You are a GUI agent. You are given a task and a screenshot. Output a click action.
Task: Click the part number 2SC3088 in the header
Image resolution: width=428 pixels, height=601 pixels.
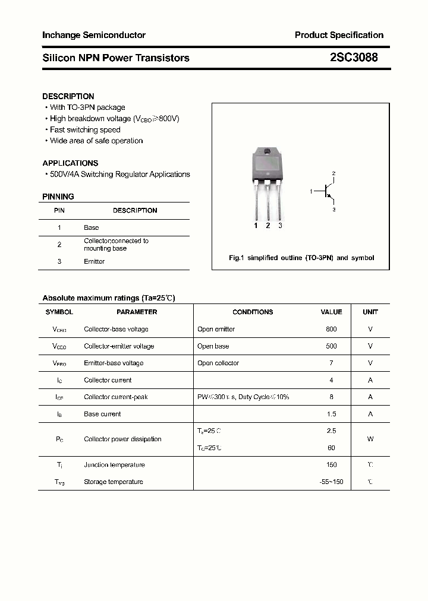click(x=353, y=58)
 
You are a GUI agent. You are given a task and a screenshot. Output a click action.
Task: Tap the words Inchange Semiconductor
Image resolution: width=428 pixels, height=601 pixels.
click(x=94, y=35)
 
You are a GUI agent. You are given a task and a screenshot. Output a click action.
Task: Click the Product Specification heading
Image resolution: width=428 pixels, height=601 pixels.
click(x=339, y=35)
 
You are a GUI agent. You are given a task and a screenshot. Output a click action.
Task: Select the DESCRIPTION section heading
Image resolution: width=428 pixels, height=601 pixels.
click(x=68, y=96)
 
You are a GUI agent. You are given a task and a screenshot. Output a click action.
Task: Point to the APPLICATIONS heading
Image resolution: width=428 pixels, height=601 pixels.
click(x=70, y=163)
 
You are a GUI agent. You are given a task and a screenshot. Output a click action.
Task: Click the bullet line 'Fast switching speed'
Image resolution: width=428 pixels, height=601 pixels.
click(x=85, y=129)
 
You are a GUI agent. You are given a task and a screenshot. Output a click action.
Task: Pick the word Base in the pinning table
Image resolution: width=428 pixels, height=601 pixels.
click(x=92, y=227)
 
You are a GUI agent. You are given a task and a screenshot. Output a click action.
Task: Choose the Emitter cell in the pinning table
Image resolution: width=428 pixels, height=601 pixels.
click(x=95, y=261)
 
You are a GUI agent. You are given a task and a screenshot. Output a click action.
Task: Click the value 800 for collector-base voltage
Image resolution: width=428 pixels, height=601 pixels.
click(x=331, y=329)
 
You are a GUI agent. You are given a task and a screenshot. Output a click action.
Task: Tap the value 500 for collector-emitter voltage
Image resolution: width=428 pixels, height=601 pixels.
click(x=331, y=346)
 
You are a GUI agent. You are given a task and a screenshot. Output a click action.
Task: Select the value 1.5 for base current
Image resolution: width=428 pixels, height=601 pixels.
click(x=331, y=414)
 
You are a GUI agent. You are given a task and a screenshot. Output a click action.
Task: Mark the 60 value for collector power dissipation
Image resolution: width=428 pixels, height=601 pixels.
click(x=331, y=448)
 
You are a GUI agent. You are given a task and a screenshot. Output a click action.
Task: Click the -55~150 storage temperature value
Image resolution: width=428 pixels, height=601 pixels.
click(x=331, y=482)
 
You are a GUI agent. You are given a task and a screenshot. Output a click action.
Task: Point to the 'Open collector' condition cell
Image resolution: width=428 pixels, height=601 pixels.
click(x=218, y=363)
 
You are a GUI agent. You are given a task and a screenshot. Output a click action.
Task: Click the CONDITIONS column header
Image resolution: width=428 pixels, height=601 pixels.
click(x=253, y=312)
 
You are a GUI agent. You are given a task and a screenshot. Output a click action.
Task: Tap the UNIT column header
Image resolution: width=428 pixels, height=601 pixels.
click(x=370, y=312)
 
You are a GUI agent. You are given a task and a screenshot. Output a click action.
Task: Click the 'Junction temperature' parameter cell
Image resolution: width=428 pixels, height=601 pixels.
click(x=114, y=465)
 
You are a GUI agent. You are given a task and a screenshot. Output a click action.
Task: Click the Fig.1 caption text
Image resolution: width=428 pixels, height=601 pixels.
click(x=301, y=258)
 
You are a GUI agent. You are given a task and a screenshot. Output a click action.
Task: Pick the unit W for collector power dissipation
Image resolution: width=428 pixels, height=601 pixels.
click(x=370, y=439)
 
